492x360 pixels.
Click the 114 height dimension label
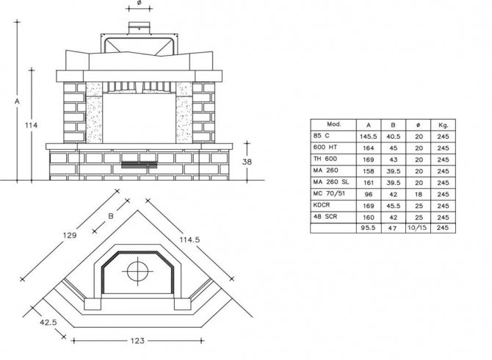(x=32, y=126)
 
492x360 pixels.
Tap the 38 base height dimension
(x=247, y=162)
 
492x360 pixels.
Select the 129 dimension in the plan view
(x=70, y=235)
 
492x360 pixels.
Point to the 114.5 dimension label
(x=189, y=240)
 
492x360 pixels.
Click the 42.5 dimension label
(x=48, y=323)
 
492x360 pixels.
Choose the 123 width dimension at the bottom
(x=137, y=341)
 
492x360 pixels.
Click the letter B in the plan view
(x=111, y=216)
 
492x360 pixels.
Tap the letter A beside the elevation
(x=18, y=101)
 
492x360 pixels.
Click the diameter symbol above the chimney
(x=140, y=2)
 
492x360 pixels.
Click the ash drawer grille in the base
(x=139, y=165)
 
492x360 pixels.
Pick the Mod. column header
(x=334, y=124)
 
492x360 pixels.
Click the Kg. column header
(x=443, y=125)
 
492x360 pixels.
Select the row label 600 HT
(x=325, y=147)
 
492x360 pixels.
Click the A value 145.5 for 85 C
(x=369, y=137)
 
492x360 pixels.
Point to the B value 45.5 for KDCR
(x=393, y=206)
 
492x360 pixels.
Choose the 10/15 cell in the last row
(x=418, y=228)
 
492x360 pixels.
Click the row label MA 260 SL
(x=330, y=182)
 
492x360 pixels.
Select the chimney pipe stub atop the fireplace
(x=139, y=28)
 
